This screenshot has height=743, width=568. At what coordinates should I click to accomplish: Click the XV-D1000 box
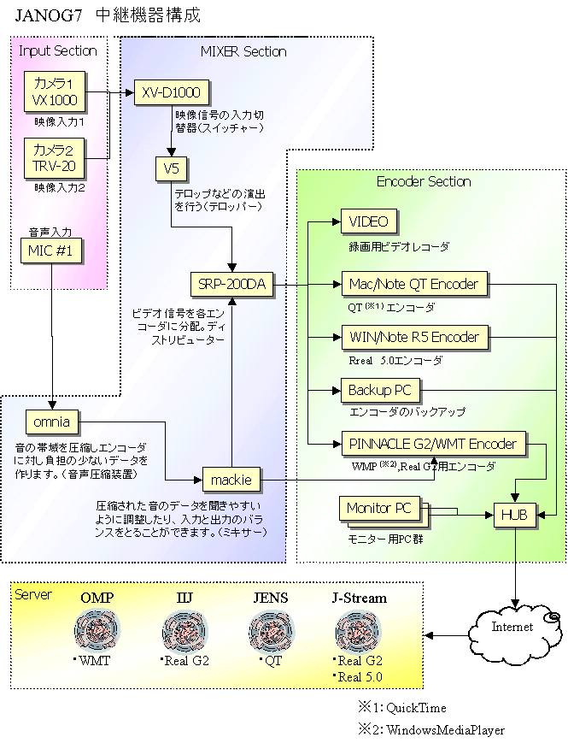(171, 91)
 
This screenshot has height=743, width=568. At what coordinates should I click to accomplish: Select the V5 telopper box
(171, 168)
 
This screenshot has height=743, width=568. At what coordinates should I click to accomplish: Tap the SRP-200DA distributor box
(231, 285)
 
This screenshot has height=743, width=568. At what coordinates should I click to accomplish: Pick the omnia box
(52, 422)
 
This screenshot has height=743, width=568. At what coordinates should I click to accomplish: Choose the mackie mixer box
(231, 479)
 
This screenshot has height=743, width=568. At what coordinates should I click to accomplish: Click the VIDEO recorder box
(368, 221)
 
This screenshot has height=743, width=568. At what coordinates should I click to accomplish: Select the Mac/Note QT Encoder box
(413, 283)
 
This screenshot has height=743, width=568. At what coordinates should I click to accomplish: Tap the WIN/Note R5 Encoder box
(414, 336)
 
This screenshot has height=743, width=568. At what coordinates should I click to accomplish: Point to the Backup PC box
(379, 391)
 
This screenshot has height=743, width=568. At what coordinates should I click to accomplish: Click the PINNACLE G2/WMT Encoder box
(432, 444)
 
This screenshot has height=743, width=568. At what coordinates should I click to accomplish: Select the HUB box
(513, 516)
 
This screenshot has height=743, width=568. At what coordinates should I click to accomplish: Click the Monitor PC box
(378, 509)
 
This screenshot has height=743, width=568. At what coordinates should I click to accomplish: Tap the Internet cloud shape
(512, 627)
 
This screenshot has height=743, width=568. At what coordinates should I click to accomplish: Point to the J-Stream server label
(359, 599)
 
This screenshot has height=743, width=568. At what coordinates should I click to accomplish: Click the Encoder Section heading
(424, 181)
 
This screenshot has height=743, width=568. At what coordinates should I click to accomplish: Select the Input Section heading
(58, 50)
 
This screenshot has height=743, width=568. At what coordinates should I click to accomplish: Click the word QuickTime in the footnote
(416, 708)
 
